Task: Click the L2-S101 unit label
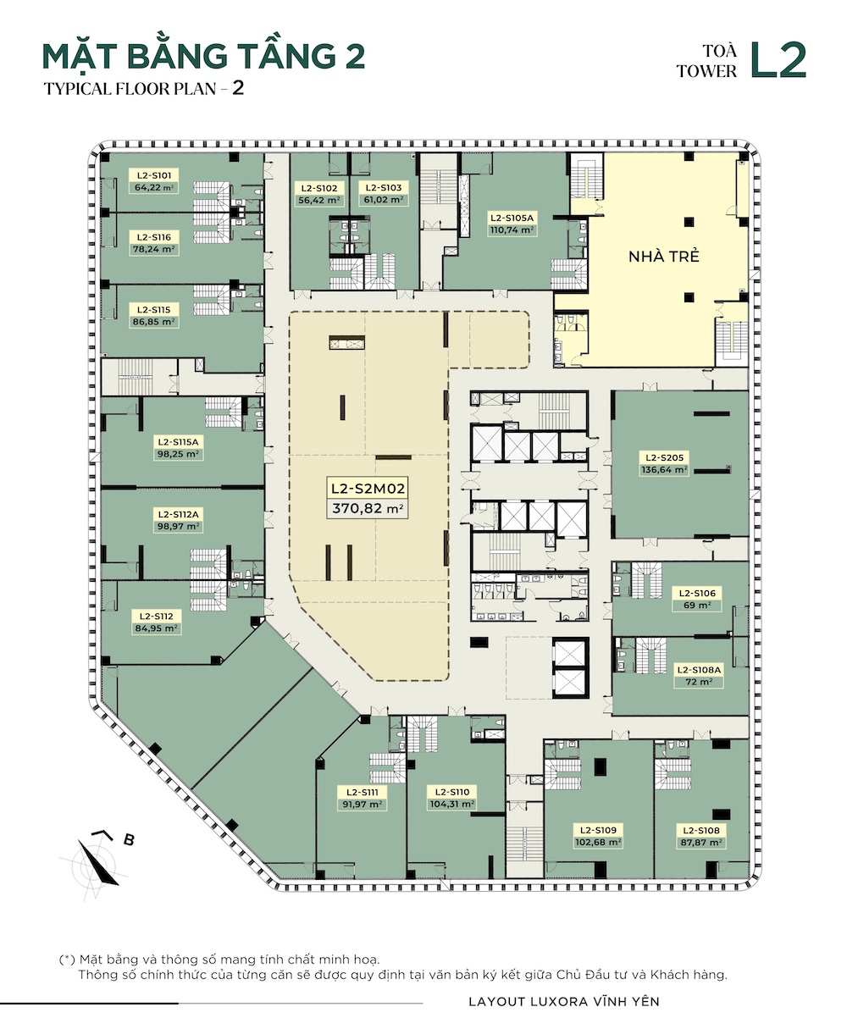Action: (153, 175)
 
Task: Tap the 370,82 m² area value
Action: (368, 508)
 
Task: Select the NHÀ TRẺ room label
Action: (663, 256)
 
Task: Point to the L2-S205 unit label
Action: (664, 457)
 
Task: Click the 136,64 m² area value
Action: (664, 469)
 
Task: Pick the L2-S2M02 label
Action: (368, 489)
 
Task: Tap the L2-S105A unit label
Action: (512, 219)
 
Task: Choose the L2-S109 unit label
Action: (598, 830)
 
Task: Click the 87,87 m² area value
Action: (701, 842)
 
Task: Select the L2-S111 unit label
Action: (362, 793)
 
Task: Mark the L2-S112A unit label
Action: (178, 514)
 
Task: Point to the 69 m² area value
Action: (697, 605)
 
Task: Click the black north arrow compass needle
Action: (97, 863)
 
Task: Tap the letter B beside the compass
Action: (128, 839)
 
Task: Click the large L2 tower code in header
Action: (778, 60)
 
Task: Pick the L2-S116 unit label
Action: (153, 237)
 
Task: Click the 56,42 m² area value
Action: (319, 200)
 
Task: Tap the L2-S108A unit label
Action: (699, 670)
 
